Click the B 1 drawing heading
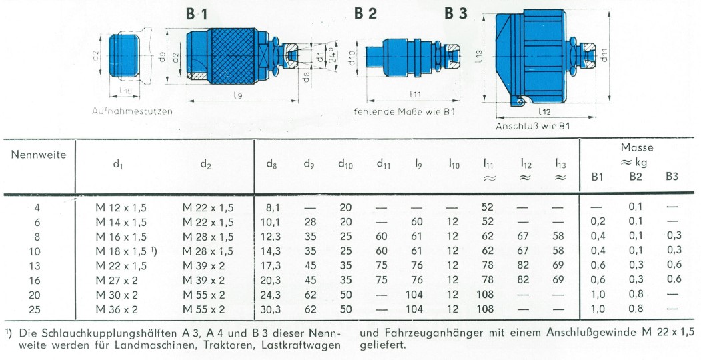pos(197,15)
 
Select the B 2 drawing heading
pos(366,13)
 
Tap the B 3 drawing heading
pos(456,13)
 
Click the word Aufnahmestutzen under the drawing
pos(132,111)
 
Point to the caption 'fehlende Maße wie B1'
pos(404,111)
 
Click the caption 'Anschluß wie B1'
pos(533,127)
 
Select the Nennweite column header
pos(39,155)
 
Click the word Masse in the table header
pos(636,147)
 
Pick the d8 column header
pos(271,164)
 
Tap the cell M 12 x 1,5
pos(121,208)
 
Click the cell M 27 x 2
pos(117,281)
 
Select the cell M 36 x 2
pos(117,309)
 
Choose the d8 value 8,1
pos(271,208)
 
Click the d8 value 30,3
pos(271,309)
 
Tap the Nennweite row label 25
pos(35,309)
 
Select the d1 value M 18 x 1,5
pos(123,251)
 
